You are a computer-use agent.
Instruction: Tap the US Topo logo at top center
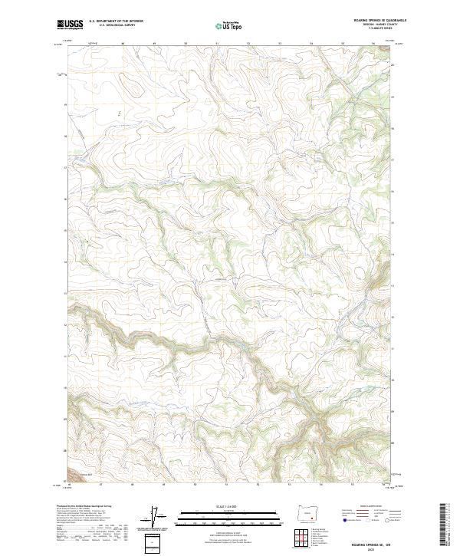coord(230,26)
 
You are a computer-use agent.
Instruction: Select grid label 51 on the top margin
coord(217,42)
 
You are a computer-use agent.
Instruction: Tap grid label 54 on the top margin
coord(311,42)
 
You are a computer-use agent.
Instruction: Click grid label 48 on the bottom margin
coord(132,485)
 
